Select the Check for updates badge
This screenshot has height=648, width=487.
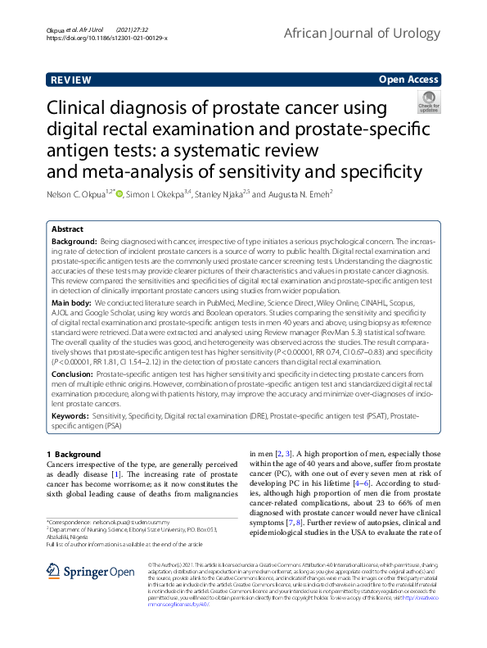[x=428, y=103]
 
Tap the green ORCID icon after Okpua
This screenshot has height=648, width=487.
[x=119, y=194]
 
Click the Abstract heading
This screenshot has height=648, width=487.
[x=67, y=229]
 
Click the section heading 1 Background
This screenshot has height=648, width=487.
[x=70, y=454]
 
